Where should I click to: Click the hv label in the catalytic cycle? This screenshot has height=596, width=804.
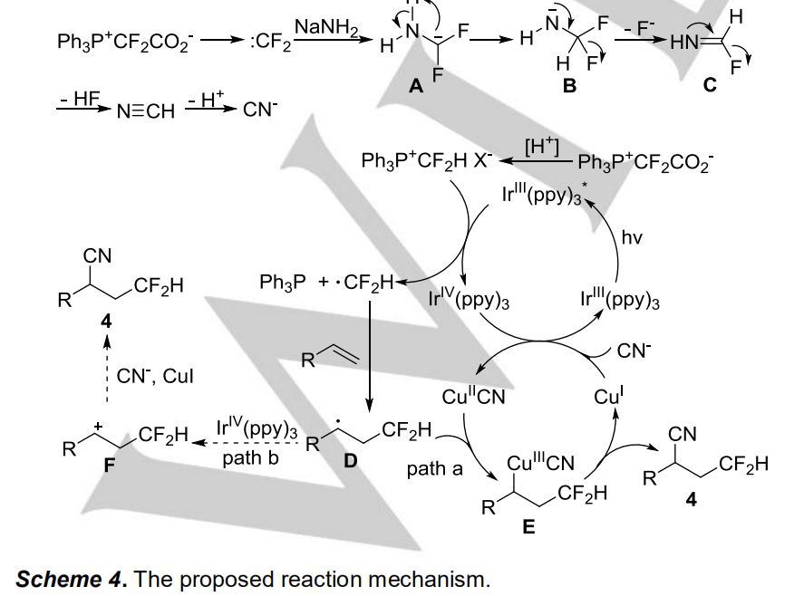[633, 238]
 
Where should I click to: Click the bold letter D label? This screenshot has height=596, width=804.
[350, 461]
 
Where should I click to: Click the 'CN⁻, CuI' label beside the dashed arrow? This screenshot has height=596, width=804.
[160, 375]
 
